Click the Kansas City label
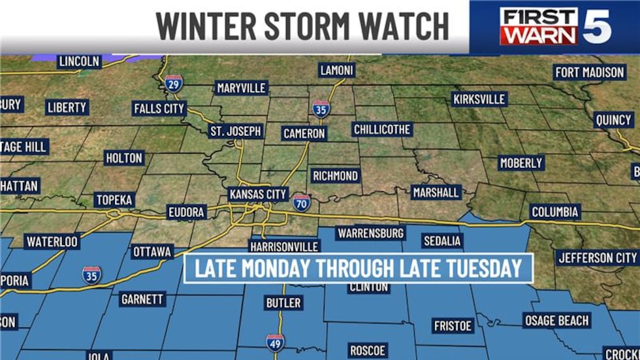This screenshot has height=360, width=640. [x=258, y=194]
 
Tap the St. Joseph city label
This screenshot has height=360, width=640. [x=235, y=131]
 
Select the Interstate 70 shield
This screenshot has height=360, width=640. [x=301, y=202]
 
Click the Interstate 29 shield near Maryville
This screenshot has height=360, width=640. [x=173, y=84]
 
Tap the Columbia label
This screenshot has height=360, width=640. [x=554, y=212]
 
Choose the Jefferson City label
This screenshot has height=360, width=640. [x=597, y=257]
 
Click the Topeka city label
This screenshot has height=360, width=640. [x=114, y=200]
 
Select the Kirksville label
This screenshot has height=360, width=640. [x=479, y=99]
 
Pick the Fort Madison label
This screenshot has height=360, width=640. [x=589, y=73]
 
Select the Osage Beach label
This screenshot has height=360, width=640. [x=556, y=320]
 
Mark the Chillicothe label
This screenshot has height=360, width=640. [x=382, y=129]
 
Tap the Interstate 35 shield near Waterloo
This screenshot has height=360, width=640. [x=91, y=274]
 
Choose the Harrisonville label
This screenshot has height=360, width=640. [x=285, y=246]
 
